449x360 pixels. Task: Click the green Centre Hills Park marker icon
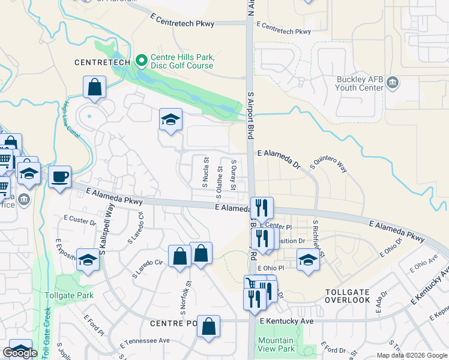pos(142,60)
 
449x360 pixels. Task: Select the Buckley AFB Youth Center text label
pos(359,83)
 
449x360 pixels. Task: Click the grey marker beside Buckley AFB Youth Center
pos(393,82)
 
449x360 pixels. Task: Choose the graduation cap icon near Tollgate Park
pos(88,261)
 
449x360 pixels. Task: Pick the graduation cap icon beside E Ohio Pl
pos(308,260)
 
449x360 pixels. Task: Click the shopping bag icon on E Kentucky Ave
pos(208,327)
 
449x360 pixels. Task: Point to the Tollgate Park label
pos(69,295)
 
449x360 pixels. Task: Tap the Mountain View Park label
pos(276,344)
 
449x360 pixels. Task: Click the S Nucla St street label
pos(205,172)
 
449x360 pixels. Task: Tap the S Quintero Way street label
pos(328,162)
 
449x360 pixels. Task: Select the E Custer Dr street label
pos(79,220)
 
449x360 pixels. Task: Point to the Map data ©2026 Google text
pos(411,355)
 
